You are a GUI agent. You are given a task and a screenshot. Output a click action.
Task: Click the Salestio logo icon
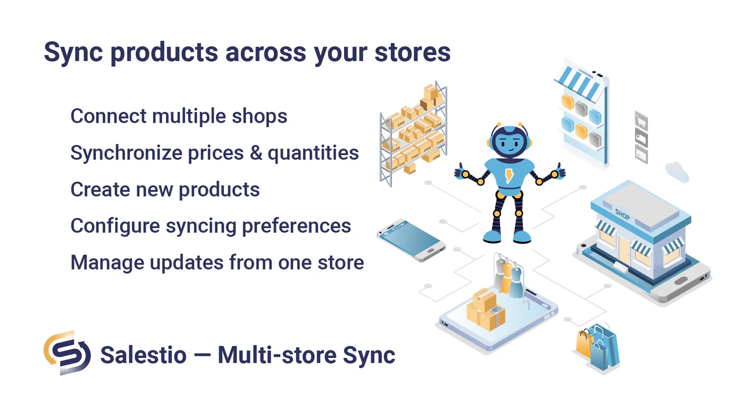pos(67,353)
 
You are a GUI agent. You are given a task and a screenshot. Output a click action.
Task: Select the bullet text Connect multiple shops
pos(178,116)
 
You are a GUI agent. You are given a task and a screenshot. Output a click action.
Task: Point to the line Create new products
pos(165,189)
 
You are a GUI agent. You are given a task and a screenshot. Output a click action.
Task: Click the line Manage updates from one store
pos(217,262)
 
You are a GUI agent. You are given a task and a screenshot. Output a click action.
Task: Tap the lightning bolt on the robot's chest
pos(509,175)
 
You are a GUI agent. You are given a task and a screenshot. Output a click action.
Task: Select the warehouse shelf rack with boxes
pos(413,135)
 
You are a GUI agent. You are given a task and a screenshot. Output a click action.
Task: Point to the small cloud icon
pos(677,172)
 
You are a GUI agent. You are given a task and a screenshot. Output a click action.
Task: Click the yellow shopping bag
pos(584,344)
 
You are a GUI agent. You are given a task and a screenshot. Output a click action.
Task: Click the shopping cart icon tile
pos(641,121)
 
